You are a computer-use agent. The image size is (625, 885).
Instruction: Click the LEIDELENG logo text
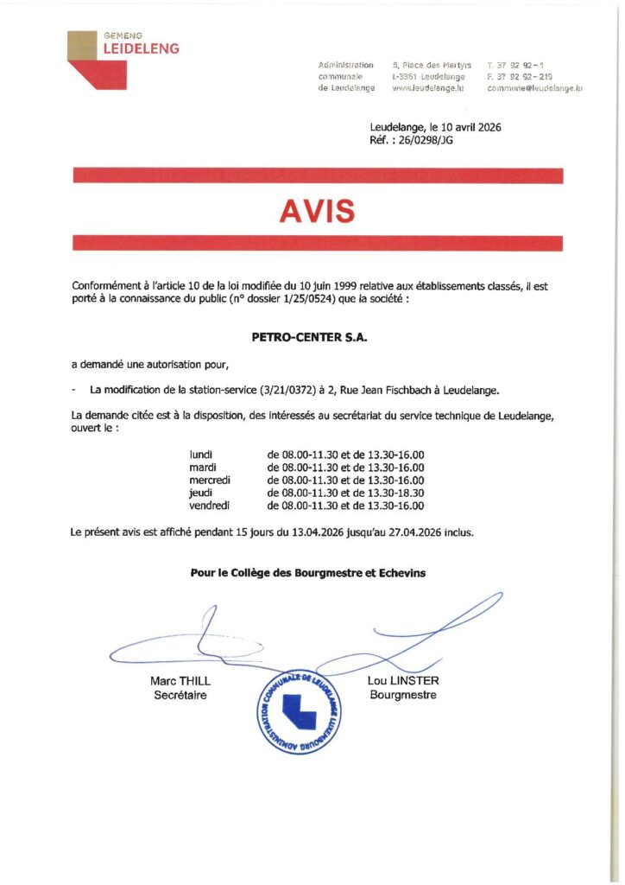tap(141, 49)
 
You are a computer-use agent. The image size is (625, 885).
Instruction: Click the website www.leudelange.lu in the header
tap(428, 88)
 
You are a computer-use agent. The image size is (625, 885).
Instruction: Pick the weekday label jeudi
tap(200, 493)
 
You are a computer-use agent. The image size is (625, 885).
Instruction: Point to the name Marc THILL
tap(180, 681)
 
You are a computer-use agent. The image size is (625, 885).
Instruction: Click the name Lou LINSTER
tap(403, 681)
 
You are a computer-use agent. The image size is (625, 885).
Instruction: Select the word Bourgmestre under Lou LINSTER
tap(403, 695)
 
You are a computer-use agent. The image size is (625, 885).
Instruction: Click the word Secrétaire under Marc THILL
tap(180, 695)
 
